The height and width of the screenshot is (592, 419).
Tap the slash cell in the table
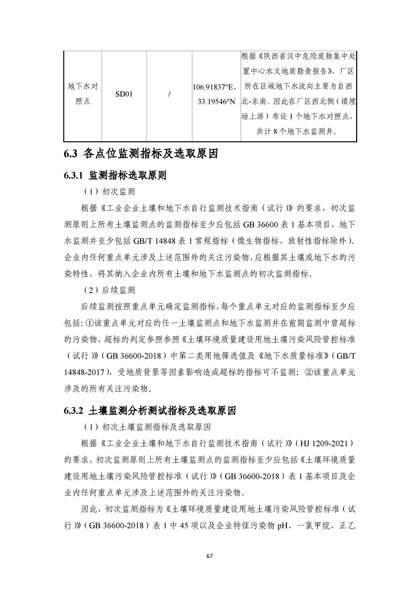(169, 94)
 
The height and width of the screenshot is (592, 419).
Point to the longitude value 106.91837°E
(215, 88)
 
